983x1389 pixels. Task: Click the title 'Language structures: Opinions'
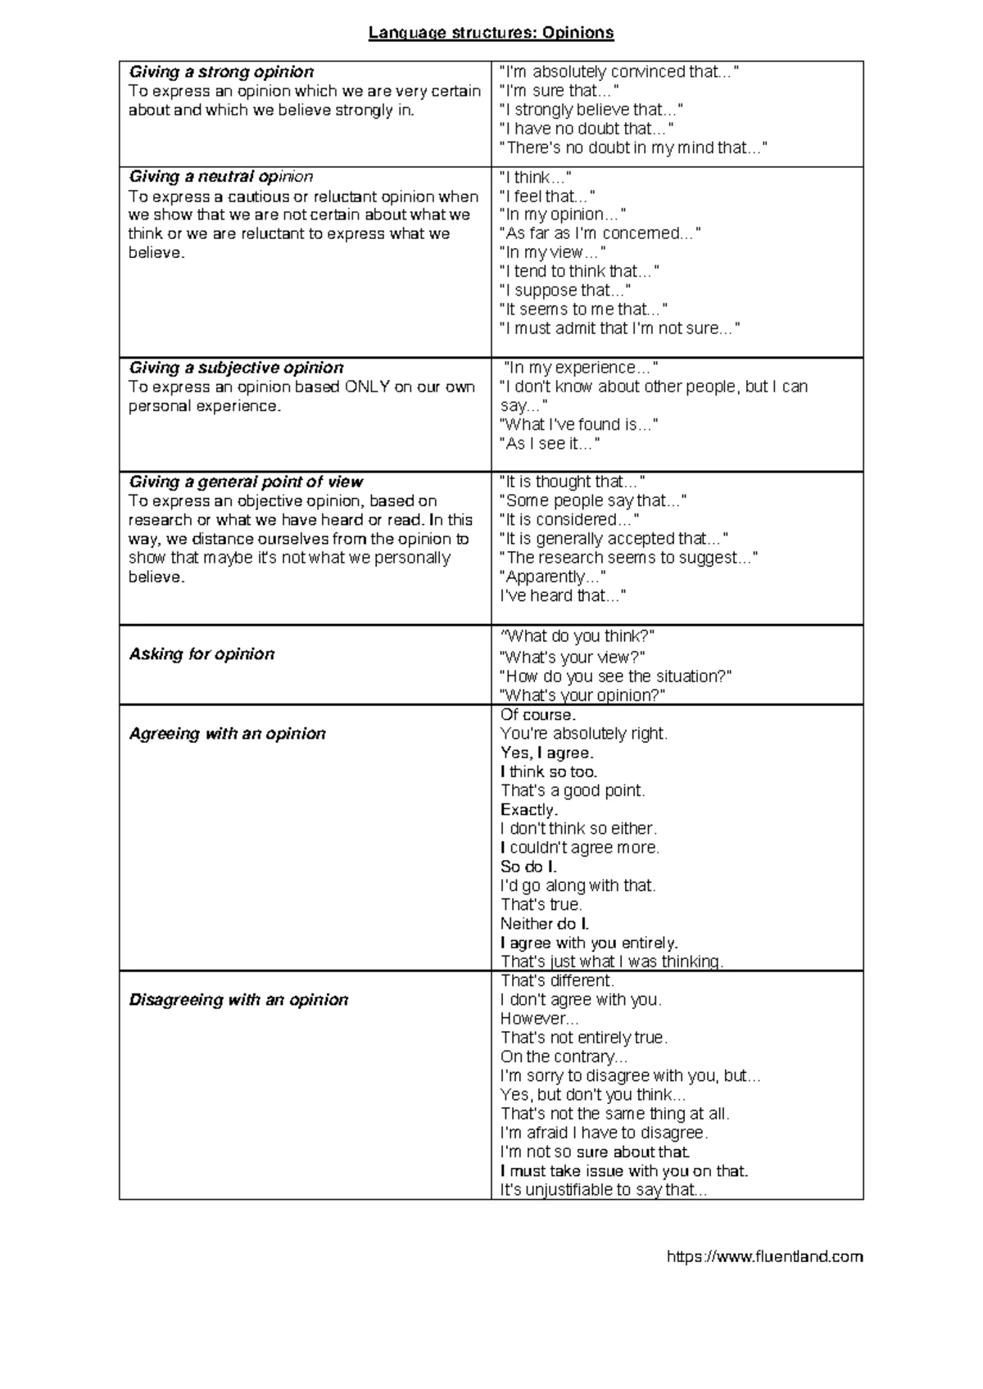(x=491, y=33)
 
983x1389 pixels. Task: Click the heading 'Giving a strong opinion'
(x=221, y=72)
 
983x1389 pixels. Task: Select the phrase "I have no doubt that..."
(x=587, y=129)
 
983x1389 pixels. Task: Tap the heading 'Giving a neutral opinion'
(x=220, y=177)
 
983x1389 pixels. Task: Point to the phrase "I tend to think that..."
(x=579, y=271)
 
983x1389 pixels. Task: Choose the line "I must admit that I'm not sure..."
(x=619, y=328)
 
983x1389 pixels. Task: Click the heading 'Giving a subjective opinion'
(x=236, y=368)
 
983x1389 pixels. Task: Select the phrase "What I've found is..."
(x=578, y=424)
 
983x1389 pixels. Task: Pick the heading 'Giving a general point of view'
(x=246, y=482)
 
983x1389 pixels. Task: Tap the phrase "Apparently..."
(x=553, y=577)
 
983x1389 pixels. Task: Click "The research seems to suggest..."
(x=628, y=558)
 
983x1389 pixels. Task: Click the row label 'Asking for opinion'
(x=202, y=654)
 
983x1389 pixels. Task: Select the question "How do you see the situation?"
(x=615, y=676)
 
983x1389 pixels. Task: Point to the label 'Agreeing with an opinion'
(x=227, y=734)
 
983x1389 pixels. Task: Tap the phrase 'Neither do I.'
(x=545, y=924)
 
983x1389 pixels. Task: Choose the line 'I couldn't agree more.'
(x=580, y=848)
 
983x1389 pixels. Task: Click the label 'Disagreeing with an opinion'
(x=238, y=1000)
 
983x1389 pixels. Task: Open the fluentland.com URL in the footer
(x=764, y=1256)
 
